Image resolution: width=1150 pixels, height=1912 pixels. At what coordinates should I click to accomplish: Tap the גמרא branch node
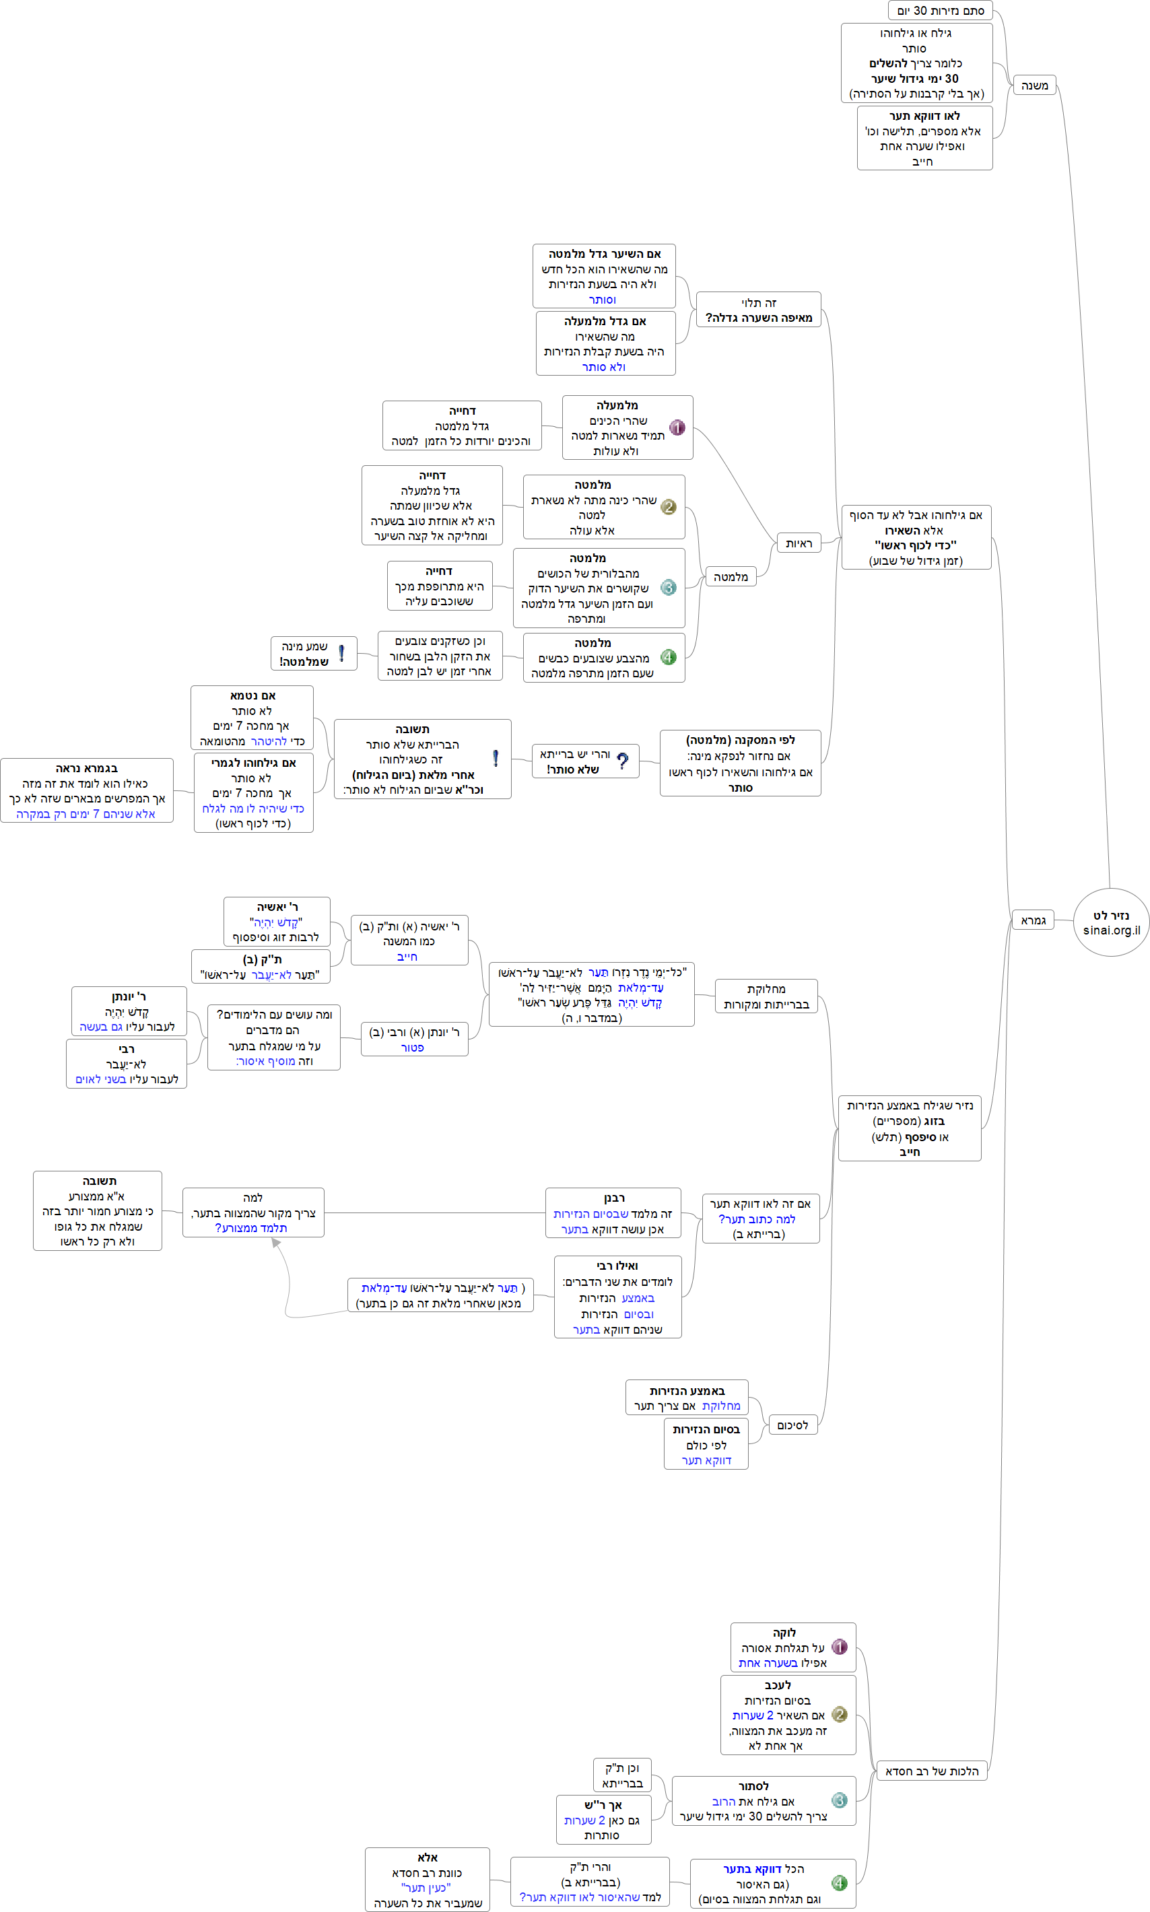(x=1032, y=920)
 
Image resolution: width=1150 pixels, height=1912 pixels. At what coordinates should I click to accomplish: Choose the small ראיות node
(x=798, y=544)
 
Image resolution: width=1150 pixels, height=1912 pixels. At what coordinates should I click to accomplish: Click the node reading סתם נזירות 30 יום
(x=940, y=11)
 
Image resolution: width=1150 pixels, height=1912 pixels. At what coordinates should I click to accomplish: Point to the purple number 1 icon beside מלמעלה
(x=677, y=428)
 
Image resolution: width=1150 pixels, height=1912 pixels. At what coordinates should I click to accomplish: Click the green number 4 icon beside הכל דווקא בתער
(x=838, y=1882)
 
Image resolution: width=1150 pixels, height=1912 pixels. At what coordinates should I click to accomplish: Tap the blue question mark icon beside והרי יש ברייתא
(x=622, y=761)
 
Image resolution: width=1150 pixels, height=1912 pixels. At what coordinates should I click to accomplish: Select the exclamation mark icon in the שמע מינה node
(x=341, y=653)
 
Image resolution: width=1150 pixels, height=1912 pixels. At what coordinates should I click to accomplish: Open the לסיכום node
(x=792, y=1425)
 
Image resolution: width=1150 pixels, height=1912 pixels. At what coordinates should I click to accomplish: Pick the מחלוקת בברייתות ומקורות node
(x=766, y=996)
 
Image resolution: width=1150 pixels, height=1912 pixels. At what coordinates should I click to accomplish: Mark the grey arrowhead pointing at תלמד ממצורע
(x=276, y=1243)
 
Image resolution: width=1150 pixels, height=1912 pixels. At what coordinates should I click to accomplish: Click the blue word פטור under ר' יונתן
(x=411, y=1048)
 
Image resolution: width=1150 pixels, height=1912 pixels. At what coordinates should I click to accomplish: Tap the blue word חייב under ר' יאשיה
(x=407, y=957)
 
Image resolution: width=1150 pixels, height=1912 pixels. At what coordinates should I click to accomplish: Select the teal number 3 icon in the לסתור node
(x=838, y=1800)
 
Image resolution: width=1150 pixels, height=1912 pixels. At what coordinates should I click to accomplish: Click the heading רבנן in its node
(x=614, y=1198)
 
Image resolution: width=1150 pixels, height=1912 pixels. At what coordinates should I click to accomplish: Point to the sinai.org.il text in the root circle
(x=1111, y=930)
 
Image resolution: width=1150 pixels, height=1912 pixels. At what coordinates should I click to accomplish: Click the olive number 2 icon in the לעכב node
(x=838, y=1715)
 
